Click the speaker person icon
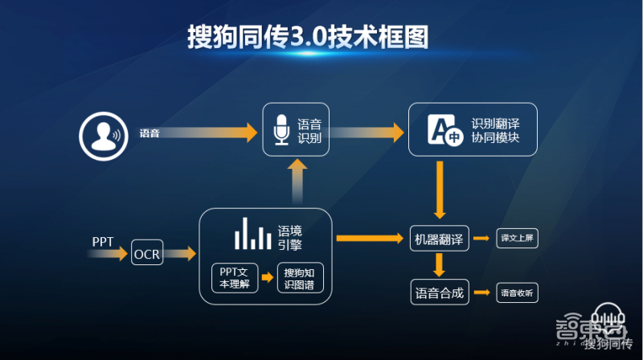click(101, 133)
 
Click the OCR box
click(147, 254)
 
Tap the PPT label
click(103, 240)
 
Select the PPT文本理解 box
click(235, 277)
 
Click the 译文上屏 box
click(517, 239)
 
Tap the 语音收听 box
click(517, 293)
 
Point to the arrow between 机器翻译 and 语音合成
click(439, 265)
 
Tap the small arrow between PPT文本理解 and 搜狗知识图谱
click(268, 278)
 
